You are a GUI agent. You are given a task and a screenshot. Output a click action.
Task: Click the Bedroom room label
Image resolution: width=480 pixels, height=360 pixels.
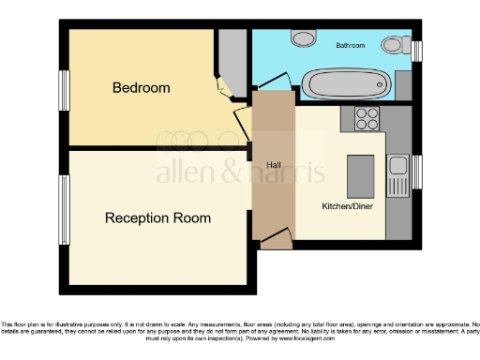coord(141,88)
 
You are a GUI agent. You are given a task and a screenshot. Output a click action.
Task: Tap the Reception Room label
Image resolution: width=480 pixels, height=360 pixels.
coord(157,217)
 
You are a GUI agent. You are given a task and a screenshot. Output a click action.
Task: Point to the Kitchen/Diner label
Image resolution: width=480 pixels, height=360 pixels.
coord(346,203)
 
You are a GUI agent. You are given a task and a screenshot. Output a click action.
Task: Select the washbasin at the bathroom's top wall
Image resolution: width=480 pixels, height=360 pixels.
coord(303,37)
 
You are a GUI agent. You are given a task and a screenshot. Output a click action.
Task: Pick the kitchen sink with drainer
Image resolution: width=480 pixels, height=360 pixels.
coord(398,174)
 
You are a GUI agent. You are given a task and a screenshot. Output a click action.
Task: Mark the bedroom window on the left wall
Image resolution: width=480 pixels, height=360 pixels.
coord(65,94)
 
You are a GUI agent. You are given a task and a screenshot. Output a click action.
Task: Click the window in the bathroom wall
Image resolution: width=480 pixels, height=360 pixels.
coord(417,49)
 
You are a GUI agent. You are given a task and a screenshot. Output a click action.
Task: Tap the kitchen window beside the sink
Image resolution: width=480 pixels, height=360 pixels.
coord(417,172)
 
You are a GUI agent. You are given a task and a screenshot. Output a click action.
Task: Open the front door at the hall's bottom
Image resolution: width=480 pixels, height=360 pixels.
coord(274,242)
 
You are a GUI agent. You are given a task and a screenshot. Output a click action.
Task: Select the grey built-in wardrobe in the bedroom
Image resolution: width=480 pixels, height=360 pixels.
coord(231,56)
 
